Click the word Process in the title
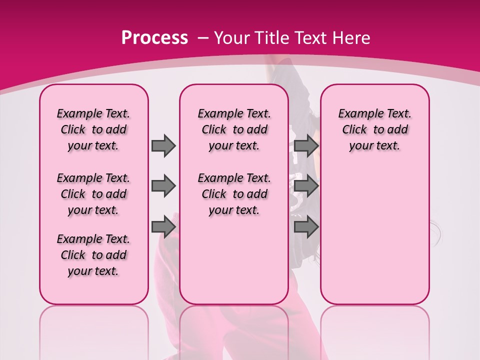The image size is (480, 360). [154, 38]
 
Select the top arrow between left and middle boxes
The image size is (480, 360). [163, 145]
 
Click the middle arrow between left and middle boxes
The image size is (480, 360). [163, 186]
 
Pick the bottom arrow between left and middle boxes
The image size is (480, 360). [163, 227]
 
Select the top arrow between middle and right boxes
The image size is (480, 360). [306, 145]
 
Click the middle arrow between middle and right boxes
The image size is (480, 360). [306, 186]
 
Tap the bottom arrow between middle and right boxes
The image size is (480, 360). [306, 227]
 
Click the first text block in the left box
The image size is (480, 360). [93, 129]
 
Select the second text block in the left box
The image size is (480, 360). [93, 194]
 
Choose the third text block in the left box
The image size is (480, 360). [93, 255]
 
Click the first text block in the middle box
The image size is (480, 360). [234, 129]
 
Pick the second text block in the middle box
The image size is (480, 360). [234, 194]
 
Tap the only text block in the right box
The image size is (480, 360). [374, 129]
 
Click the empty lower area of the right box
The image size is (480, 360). [374, 235]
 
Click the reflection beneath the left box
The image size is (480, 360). [93, 330]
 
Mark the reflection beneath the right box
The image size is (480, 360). [374, 330]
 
